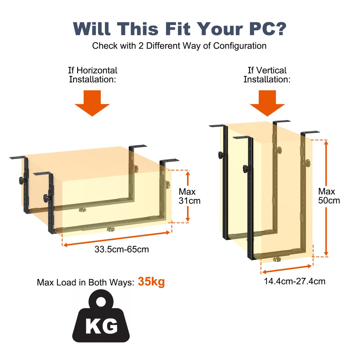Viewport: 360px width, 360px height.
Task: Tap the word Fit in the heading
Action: click(x=178, y=29)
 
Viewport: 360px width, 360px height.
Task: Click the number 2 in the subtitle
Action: click(x=141, y=46)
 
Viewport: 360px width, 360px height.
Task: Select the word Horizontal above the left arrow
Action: click(x=97, y=70)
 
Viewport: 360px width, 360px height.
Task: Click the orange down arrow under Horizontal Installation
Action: click(x=92, y=103)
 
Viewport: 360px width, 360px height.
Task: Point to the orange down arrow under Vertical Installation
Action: click(x=267, y=103)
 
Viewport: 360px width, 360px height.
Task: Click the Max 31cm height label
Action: click(x=189, y=196)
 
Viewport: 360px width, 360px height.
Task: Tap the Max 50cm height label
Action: click(x=329, y=196)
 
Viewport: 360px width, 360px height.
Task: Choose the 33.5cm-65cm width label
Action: click(x=121, y=249)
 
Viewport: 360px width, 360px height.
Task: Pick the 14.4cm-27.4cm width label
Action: click(x=295, y=281)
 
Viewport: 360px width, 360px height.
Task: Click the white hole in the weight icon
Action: click(x=101, y=301)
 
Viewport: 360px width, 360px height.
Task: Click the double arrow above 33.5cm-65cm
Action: click(x=117, y=238)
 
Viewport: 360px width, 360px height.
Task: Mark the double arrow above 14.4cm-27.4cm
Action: click(x=287, y=269)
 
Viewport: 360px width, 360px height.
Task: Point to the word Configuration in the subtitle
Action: click(x=240, y=46)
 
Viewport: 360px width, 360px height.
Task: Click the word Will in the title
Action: click(x=92, y=29)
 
